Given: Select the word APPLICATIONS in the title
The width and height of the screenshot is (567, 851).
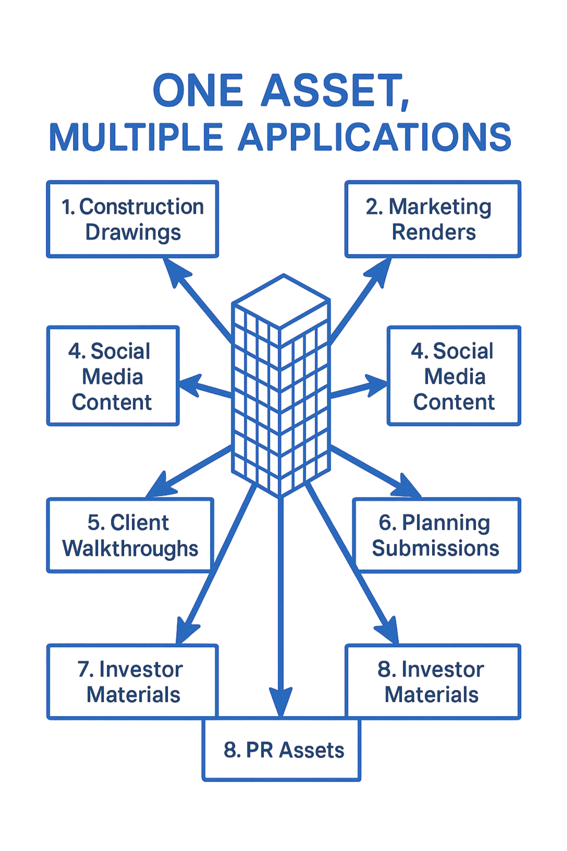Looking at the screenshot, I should click(375, 138).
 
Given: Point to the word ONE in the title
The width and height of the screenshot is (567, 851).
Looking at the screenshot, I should click(198, 91).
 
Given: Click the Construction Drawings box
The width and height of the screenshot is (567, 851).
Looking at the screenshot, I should click(132, 219).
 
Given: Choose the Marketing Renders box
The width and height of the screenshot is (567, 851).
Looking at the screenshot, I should click(433, 219).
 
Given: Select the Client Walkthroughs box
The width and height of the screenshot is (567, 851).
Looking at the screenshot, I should click(130, 535).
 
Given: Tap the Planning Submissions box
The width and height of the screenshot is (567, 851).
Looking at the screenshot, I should click(436, 535).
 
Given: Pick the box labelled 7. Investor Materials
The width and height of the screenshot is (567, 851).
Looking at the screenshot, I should click(132, 682).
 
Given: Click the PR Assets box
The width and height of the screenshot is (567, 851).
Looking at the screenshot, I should click(281, 750).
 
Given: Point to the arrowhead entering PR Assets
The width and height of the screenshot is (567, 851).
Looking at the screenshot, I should click(281, 701).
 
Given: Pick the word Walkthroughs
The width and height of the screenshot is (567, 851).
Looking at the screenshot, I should click(130, 549).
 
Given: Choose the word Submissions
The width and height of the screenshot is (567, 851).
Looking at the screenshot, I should click(436, 548).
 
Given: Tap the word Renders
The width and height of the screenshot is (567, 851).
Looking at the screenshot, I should click(434, 232).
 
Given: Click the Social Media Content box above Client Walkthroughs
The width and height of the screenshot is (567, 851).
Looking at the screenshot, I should click(113, 376).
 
